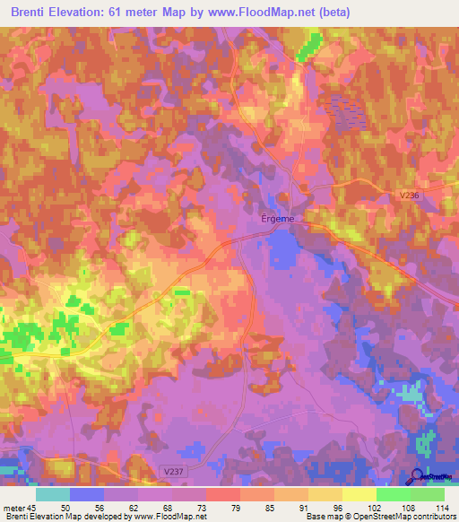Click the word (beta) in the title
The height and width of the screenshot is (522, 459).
pyautogui.click(x=333, y=13)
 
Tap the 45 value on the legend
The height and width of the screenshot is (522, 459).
pyautogui.click(x=32, y=507)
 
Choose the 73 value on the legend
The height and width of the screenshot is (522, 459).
pyautogui.click(x=188, y=507)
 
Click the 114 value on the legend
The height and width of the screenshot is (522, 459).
pyautogui.click(x=440, y=507)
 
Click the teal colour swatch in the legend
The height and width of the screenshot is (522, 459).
pyautogui.click(x=53, y=494)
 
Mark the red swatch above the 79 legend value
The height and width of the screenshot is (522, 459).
pyautogui.click(x=222, y=494)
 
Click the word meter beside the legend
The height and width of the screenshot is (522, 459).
pyautogui.click(x=13, y=507)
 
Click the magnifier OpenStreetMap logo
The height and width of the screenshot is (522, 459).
pyautogui.click(x=418, y=476)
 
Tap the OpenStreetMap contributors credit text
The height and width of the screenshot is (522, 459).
pyautogui.click(x=410, y=517)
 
